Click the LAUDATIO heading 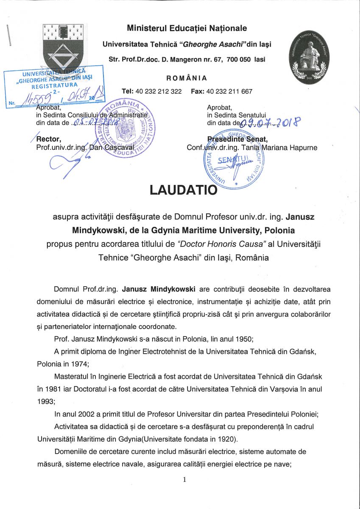tap(183, 189)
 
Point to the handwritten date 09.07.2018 tap(270, 123)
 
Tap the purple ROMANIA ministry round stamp tap(126, 128)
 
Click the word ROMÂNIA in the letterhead tap(187, 78)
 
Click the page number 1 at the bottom tap(184, 479)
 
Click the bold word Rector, tap(49, 139)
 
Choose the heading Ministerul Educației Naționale tap(187, 28)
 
